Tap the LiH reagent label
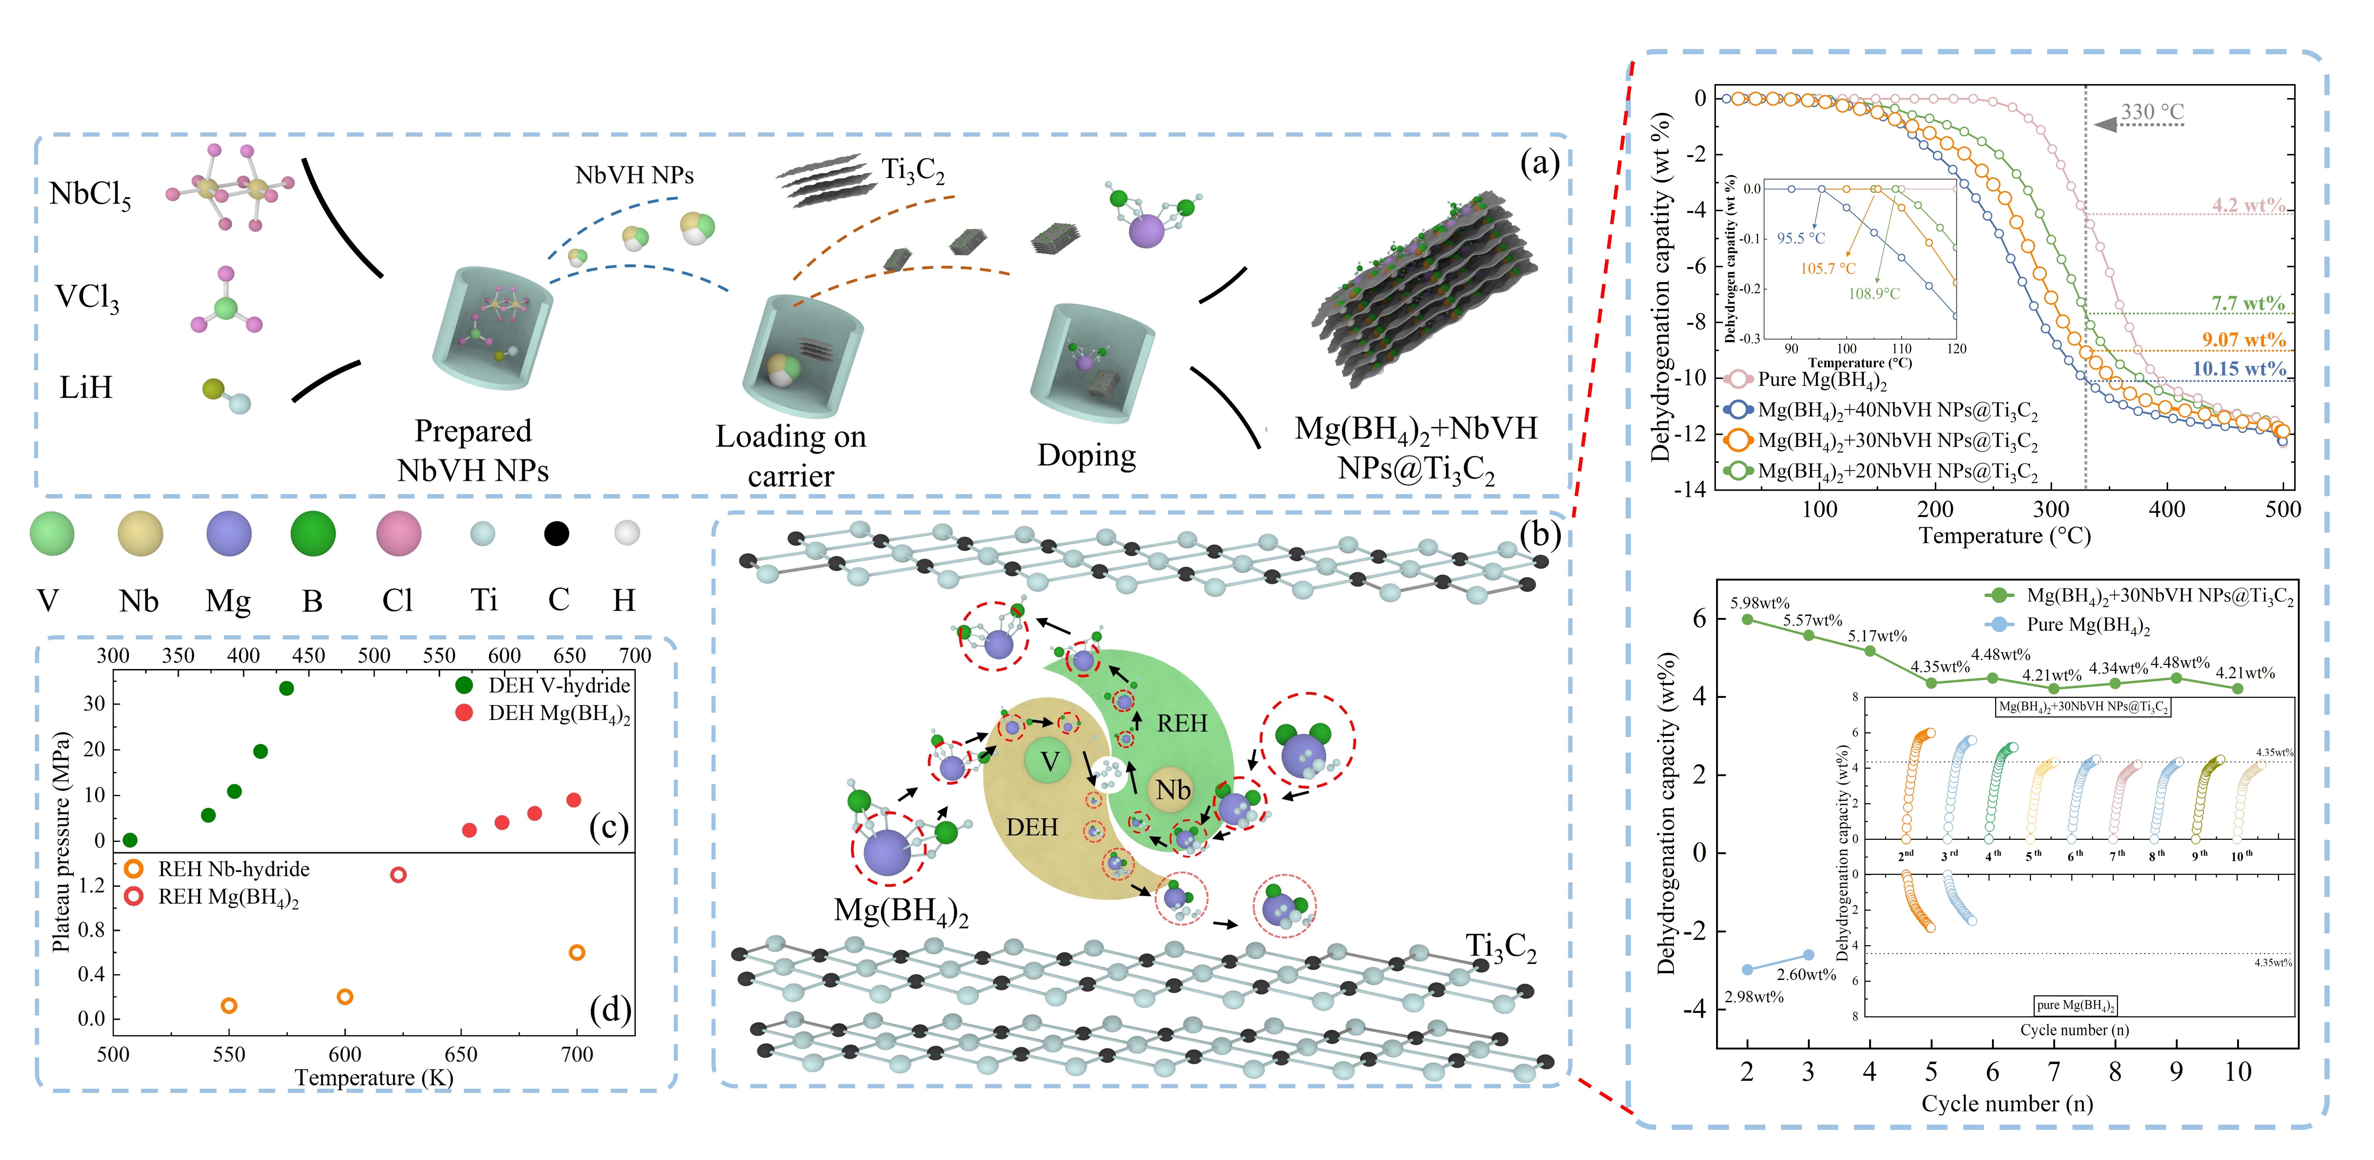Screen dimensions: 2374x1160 point(86,387)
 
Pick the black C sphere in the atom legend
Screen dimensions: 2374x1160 point(557,533)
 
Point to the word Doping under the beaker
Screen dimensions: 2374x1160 point(1087,455)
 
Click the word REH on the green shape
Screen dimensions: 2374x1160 point(1181,724)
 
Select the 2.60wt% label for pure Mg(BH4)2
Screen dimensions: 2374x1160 point(1806,975)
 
